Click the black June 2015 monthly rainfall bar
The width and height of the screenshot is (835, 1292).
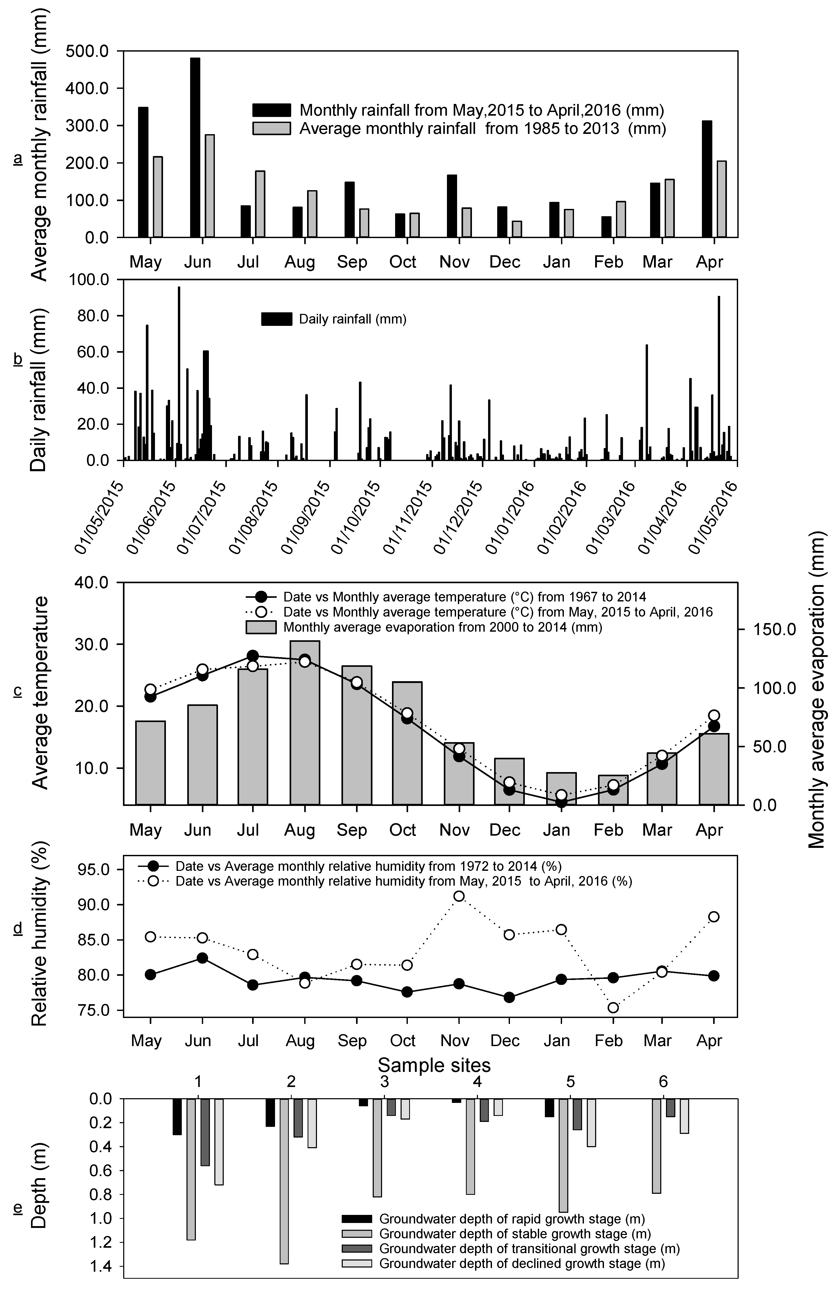tap(195, 147)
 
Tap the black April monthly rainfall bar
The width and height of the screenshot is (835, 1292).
tap(707, 179)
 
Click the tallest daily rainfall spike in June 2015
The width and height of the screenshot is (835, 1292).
tap(179, 374)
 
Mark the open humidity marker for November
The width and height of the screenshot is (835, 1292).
tap(459, 896)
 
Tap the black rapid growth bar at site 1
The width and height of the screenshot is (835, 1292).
tap(177, 1116)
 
